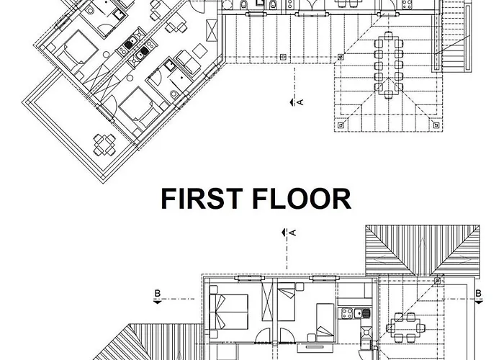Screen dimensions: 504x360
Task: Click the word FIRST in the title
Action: click(202, 199)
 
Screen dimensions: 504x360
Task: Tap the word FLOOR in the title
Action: click(302, 199)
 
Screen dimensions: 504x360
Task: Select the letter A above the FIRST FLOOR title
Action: click(300, 102)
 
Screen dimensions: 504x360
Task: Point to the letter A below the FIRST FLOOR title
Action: click(292, 233)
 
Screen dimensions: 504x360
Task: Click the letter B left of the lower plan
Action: click(158, 294)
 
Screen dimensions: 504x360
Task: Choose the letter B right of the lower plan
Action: click(479, 294)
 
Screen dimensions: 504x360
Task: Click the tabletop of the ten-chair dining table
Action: click(389, 66)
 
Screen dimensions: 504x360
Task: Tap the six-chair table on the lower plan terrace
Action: click(405, 328)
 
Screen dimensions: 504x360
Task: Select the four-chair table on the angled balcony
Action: click(104, 145)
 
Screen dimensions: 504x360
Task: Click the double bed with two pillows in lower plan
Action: click(228, 312)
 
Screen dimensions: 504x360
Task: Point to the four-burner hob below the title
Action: click(347, 313)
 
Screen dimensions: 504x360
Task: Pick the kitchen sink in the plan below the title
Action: click(362, 313)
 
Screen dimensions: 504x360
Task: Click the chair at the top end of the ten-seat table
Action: click(389, 35)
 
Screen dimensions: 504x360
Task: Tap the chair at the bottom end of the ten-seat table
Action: click(389, 95)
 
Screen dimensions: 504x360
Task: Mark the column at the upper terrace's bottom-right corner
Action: click(436, 125)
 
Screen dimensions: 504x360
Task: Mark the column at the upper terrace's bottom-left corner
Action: click(341, 125)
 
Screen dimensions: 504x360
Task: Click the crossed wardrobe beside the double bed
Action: click(267, 302)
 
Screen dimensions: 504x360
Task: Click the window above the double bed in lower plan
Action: click(248, 278)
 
